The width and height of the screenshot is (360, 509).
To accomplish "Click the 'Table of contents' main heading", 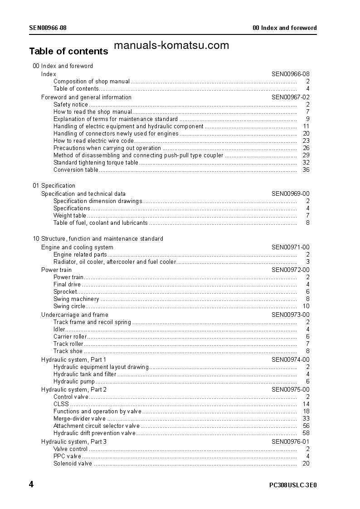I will [x=68, y=51].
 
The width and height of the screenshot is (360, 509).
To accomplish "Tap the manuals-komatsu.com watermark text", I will [x=172, y=45].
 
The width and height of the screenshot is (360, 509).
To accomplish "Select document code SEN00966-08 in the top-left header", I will [x=48, y=28].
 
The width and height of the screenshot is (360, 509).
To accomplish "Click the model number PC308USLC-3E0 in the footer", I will [x=293, y=485].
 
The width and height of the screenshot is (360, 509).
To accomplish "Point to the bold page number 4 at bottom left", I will [x=31, y=485].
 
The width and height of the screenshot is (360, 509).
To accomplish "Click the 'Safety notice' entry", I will [x=71, y=105].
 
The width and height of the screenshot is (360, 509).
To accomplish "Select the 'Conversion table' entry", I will [x=75, y=170].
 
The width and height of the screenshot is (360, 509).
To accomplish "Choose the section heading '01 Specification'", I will [x=54, y=186].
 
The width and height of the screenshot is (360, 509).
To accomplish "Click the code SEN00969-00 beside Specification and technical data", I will [x=291, y=194].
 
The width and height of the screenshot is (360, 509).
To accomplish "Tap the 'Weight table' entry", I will [x=70, y=216].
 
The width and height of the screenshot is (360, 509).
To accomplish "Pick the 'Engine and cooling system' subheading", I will [x=77, y=247].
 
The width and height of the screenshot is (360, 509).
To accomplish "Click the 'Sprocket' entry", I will [x=65, y=292].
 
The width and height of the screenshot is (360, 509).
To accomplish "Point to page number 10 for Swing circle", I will [x=306, y=306].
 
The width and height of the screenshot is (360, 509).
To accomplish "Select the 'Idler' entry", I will [x=59, y=330].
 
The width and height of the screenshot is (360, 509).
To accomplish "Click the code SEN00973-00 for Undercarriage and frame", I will [x=291, y=315].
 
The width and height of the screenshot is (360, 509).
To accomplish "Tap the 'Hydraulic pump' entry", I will [x=74, y=382].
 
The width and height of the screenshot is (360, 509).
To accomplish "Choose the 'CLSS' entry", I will [x=61, y=404].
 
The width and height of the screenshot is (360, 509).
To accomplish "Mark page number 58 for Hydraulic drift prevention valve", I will [x=306, y=433].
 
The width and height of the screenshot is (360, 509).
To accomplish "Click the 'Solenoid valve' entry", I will [x=73, y=464].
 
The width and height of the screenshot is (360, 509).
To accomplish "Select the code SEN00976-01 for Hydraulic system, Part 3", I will [x=291, y=441].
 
